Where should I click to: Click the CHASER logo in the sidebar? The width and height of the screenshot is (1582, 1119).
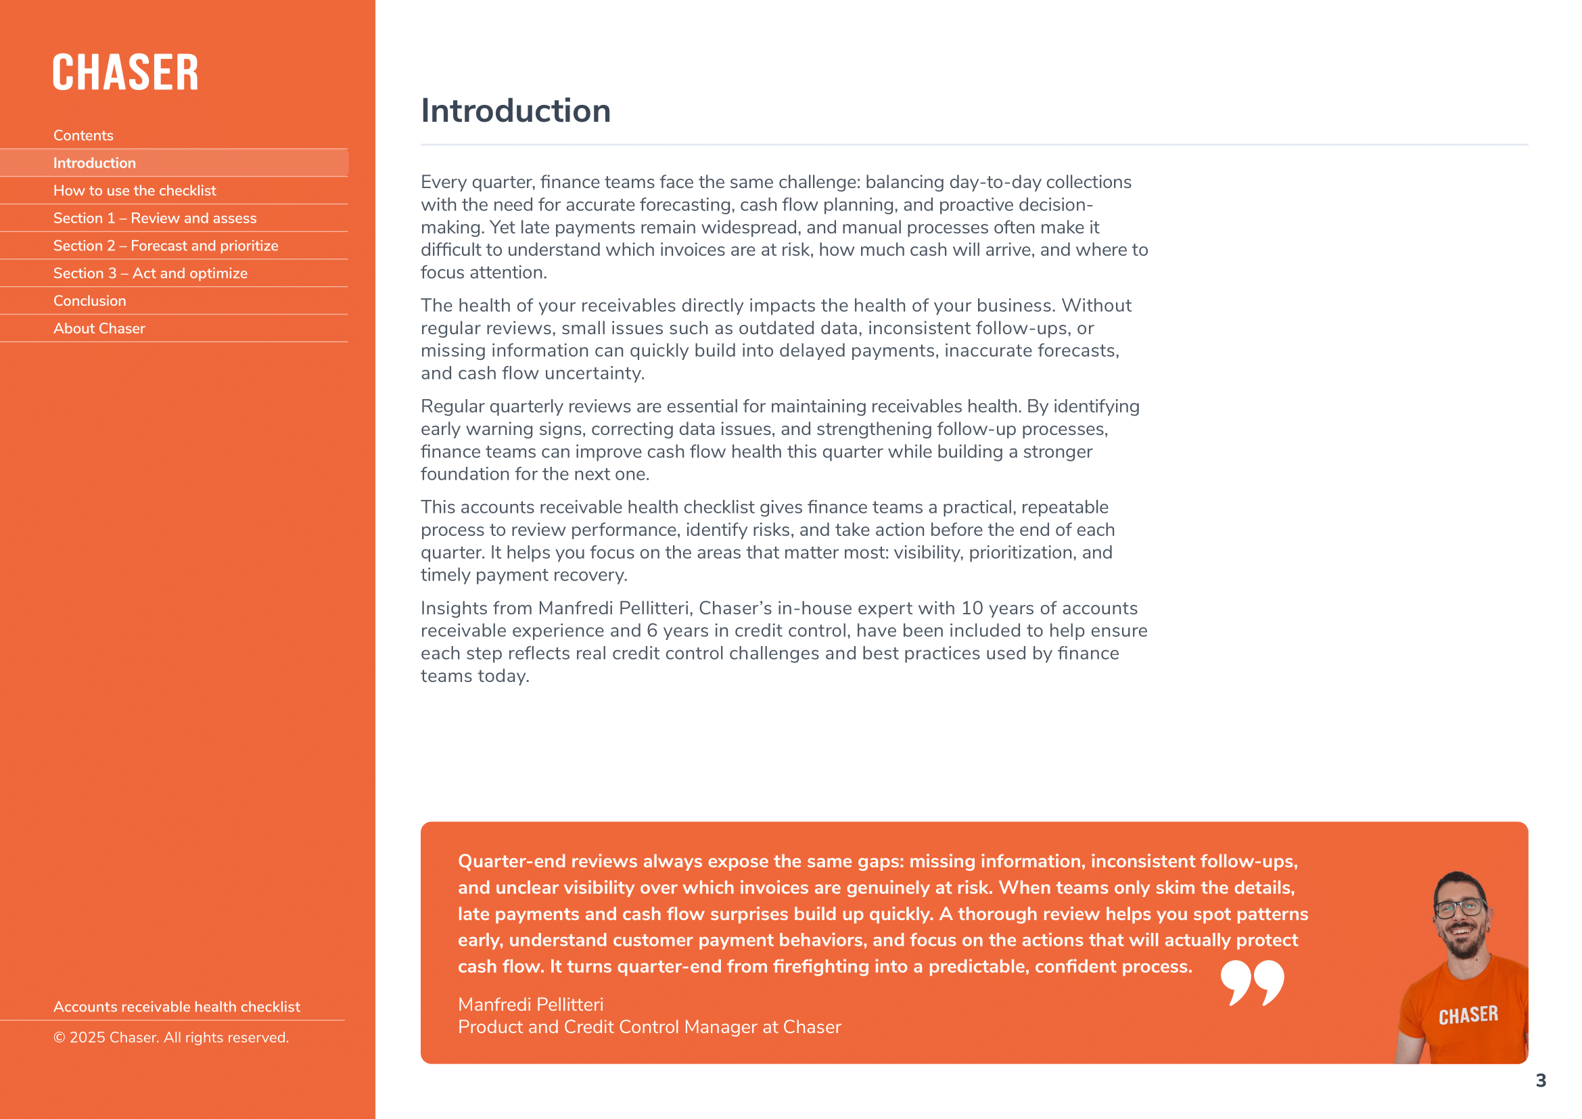pyautogui.click(x=125, y=72)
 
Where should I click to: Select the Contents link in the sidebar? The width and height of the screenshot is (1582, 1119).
pyautogui.click(x=83, y=136)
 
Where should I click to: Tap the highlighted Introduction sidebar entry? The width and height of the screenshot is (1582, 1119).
pyautogui.click(x=95, y=163)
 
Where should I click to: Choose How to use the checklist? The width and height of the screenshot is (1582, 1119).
pyautogui.click(x=135, y=191)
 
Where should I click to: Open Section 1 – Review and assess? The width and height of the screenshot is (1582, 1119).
pyautogui.click(x=155, y=219)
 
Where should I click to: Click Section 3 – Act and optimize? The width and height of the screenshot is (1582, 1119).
pyautogui.click(x=150, y=273)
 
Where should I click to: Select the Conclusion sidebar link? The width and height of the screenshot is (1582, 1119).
pyautogui.click(x=89, y=301)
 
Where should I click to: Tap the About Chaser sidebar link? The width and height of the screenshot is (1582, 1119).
pyautogui.click(x=99, y=329)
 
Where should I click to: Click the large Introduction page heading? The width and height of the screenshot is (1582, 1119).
pyautogui.click(x=515, y=111)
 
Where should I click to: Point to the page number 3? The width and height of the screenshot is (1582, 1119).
pyautogui.click(x=1541, y=1080)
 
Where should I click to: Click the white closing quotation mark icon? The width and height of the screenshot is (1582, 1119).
pyautogui.click(x=1252, y=982)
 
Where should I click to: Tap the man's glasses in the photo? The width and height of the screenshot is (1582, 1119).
pyautogui.click(x=1460, y=907)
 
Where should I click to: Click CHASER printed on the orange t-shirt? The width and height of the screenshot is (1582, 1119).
pyautogui.click(x=1468, y=1015)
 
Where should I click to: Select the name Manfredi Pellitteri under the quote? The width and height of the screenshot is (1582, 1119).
pyautogui.click(x=530, y=1005)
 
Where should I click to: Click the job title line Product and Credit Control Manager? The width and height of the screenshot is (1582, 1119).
pyautogui.click(x=649, y=1028)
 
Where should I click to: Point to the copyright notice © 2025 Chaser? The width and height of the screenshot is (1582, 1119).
pyautogui.click(x=171, y=1038)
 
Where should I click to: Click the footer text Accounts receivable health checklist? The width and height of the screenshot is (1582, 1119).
pyautogui.click(x=177, y=1007)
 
